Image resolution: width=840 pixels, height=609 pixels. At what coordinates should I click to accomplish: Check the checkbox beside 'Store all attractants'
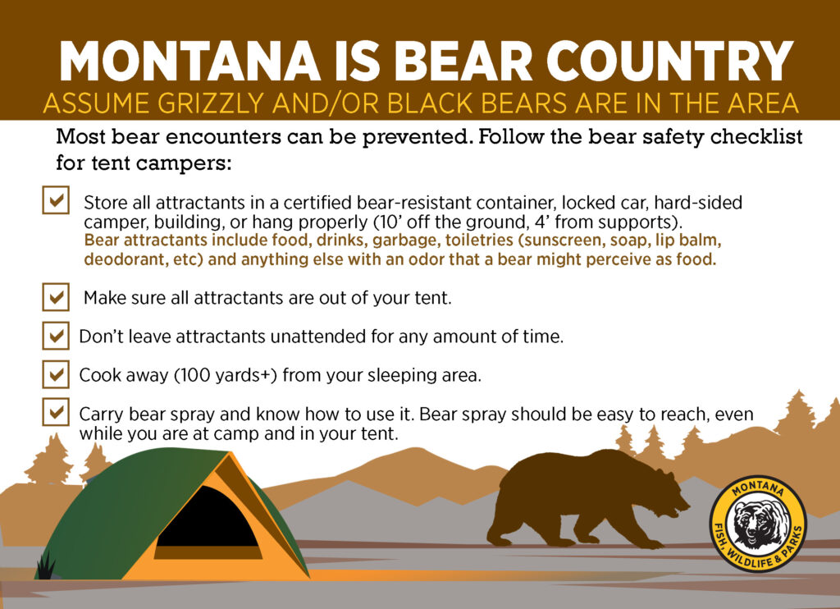click(x=56, y=200)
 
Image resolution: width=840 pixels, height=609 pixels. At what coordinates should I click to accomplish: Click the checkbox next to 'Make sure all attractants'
click(x=56, y=297)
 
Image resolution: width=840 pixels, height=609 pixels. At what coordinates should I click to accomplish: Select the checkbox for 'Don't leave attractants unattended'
click(x=56, y=336)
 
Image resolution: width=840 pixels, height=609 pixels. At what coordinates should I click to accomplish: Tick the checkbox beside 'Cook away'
click(x=56, y=374)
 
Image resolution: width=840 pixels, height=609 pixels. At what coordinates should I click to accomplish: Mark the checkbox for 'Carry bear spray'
click(x=56, y=412)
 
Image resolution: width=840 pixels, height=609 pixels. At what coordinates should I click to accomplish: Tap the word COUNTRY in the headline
click(x=669, y=61)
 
